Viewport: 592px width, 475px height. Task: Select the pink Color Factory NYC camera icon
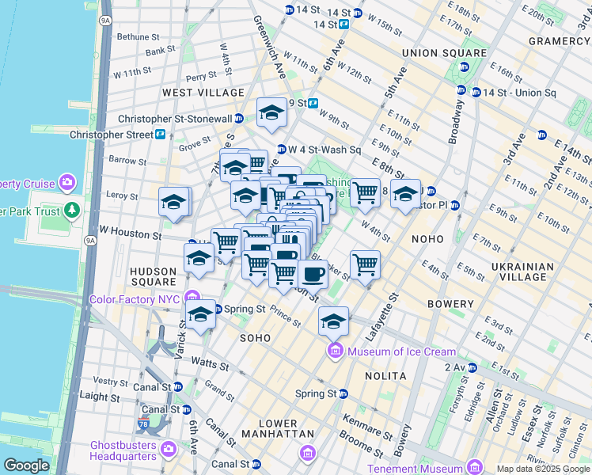point(192,298)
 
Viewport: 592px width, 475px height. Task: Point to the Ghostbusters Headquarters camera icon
point(168,450)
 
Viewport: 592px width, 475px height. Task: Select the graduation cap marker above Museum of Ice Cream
point(334,321)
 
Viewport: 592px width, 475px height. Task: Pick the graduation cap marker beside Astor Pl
point(405,194)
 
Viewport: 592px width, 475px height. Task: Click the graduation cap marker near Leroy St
point(174,202)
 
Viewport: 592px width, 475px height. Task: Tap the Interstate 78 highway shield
point(144,423)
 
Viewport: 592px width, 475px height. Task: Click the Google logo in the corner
point(26,465)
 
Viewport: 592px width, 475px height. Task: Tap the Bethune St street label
point(139,36)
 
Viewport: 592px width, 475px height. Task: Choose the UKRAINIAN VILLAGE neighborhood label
point(518,272)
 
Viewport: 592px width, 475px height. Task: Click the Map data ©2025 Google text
point(543,469)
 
